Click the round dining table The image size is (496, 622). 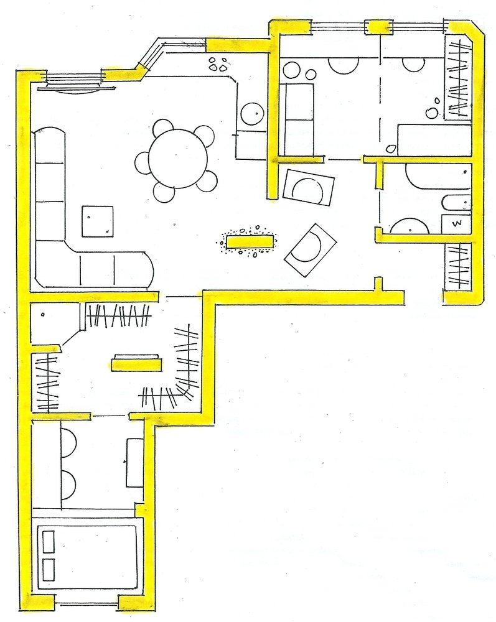178,159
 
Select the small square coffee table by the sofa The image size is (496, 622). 98,221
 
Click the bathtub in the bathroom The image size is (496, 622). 439,177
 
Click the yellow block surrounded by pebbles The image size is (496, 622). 249,241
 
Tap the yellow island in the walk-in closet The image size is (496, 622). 136,363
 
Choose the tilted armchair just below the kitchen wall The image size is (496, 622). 309,187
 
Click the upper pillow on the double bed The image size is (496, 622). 48,542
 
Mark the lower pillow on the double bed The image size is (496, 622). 48,570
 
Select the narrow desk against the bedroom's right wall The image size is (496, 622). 135,463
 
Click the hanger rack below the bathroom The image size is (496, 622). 458,266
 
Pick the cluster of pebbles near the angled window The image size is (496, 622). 218,64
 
